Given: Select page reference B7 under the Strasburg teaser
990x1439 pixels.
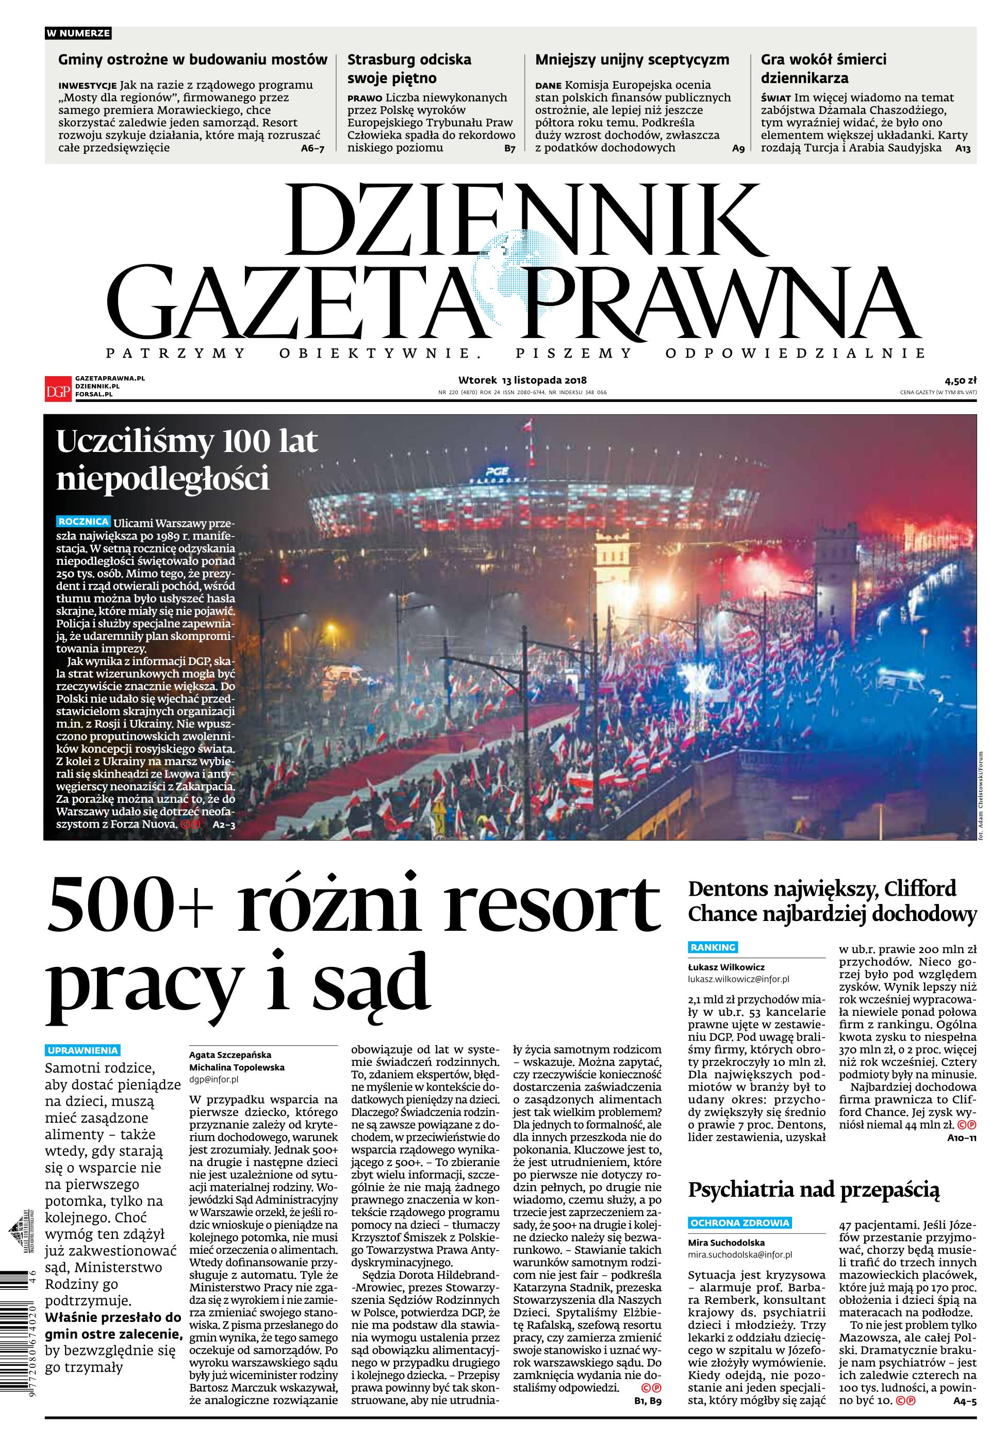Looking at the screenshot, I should click(x=509, y=149).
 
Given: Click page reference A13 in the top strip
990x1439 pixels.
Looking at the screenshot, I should click(x=962, y=149).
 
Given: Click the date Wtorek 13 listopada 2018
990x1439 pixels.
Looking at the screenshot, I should click(x=522, y=380).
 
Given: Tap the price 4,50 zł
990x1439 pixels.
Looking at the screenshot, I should click(x=960, y=380).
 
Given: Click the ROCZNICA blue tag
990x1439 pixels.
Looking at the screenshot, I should click(x=84, y=522).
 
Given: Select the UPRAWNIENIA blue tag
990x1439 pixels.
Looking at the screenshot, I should click(x=82, y=1050).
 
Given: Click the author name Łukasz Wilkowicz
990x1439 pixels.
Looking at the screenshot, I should click(x=727, y=967).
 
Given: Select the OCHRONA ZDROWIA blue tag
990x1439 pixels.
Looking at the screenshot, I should click(x=740, y=1223).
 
